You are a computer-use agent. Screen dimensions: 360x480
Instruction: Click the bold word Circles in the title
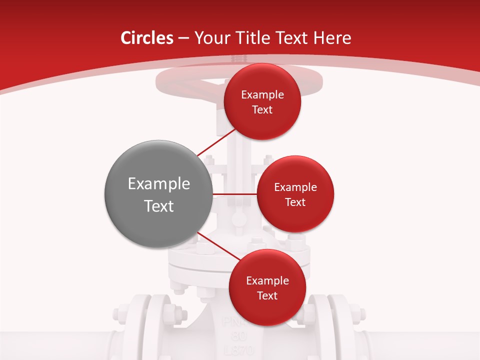click(x=146, y=38)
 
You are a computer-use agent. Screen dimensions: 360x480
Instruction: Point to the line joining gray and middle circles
click(x=235, y=194)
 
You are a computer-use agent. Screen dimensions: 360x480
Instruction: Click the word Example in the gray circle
click(x=159, y=183)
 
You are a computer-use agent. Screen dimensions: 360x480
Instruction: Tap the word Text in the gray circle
click(x=159, y=206)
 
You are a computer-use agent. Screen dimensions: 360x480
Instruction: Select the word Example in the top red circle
click(x=262, y=95)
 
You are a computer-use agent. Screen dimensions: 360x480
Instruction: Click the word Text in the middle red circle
click(x=295, y=202)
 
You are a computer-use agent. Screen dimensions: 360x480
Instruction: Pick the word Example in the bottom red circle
click(x=267, y=281)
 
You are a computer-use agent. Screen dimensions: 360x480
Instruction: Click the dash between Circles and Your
click(x=183, y=38)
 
